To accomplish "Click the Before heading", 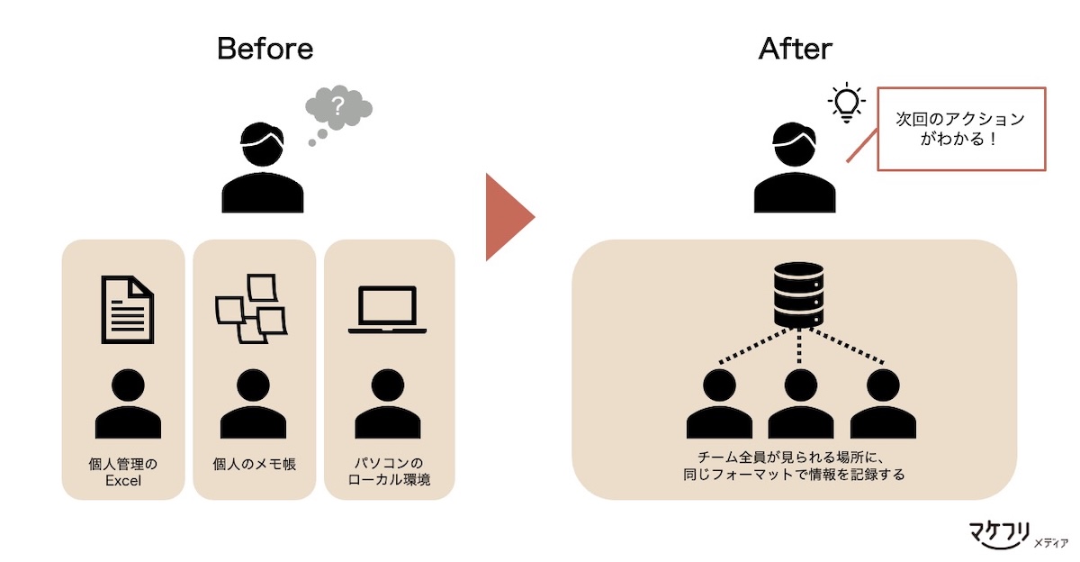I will click(265, 49).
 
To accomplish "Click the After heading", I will click(796, 49).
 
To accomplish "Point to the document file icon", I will click(128, 310).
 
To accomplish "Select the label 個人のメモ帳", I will click(255, 465).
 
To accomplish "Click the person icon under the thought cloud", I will click(263, 170).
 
